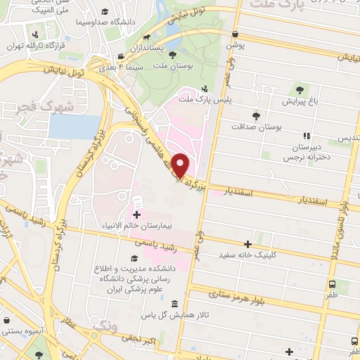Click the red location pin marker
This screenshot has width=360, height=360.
[181, 166]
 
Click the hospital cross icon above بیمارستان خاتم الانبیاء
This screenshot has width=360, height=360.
[136, 214]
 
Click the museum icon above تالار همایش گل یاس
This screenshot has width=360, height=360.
[174, 303]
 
